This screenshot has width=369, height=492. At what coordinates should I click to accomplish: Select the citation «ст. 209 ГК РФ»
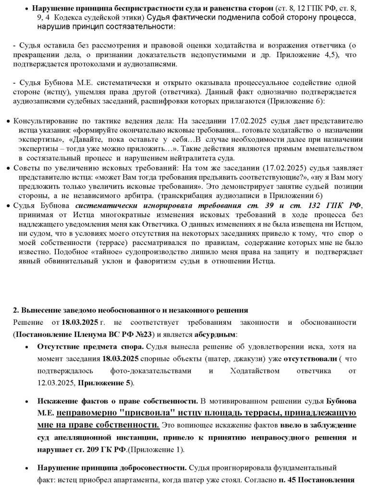(105, 450)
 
